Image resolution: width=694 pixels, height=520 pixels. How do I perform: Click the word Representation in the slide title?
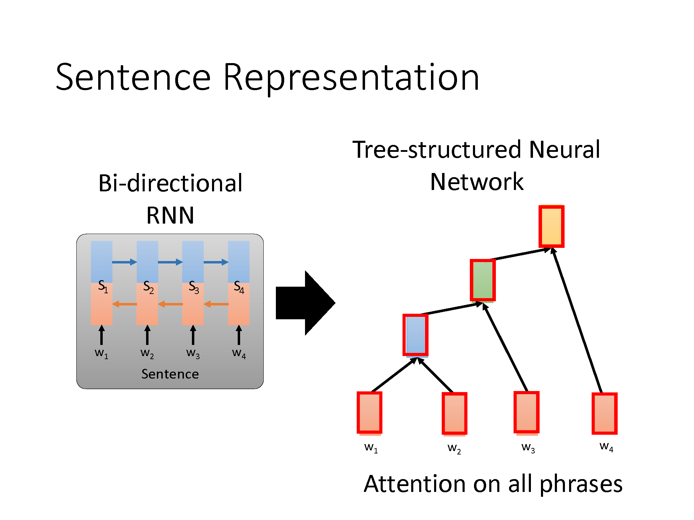(351, 78)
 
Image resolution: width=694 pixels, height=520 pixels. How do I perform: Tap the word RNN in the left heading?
(170, 215)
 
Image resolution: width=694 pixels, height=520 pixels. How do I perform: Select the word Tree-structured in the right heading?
(437, 150)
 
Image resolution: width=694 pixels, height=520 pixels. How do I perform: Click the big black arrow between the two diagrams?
(306, 303)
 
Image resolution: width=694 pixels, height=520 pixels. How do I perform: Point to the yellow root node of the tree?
(551, 226)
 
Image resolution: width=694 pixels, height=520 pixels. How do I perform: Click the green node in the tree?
(483, 280)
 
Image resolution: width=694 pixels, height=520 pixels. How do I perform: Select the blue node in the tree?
(415, 335)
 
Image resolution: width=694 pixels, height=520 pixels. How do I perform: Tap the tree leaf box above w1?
(370, 413)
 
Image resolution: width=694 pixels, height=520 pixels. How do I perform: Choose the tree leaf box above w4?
(604, 413)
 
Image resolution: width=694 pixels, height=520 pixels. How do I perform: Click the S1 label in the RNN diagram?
(103, 287)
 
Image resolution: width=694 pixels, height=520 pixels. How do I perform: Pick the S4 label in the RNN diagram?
(239, 287)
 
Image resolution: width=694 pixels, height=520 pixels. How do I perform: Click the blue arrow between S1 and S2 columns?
(125, 262)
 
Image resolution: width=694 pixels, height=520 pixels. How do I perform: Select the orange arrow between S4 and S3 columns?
(216, 304)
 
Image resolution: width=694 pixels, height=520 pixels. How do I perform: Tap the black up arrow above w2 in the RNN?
(147, 335)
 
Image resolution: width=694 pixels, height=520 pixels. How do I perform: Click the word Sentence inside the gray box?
(170, 374)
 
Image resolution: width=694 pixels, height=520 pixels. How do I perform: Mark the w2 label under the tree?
(454, 449)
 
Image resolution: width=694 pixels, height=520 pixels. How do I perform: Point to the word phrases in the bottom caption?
(581, 485)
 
